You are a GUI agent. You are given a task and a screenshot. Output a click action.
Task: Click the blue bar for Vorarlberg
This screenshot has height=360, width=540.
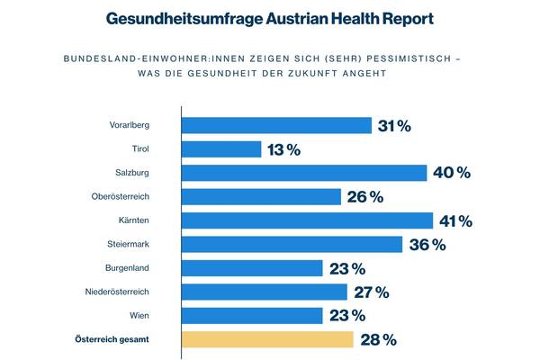276,126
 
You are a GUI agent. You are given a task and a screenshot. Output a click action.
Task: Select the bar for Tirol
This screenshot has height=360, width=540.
221,149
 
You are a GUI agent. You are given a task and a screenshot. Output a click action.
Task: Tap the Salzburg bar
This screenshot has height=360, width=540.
304,173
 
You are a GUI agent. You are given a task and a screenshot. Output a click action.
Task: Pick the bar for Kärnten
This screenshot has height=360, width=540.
307,220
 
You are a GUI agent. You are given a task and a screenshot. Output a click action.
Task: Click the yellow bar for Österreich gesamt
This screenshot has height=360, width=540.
267,339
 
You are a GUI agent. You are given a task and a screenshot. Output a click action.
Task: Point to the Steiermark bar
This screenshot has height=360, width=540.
292,245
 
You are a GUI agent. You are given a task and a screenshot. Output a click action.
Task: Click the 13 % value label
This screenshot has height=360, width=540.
283,149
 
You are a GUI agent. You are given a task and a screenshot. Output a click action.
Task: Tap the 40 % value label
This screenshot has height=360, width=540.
451,173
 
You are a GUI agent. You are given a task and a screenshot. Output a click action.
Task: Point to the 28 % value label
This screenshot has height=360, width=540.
377,339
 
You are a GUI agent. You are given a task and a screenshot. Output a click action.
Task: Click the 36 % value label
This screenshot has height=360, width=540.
427,245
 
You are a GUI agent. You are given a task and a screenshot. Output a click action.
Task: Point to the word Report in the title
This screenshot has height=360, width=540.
407,18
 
